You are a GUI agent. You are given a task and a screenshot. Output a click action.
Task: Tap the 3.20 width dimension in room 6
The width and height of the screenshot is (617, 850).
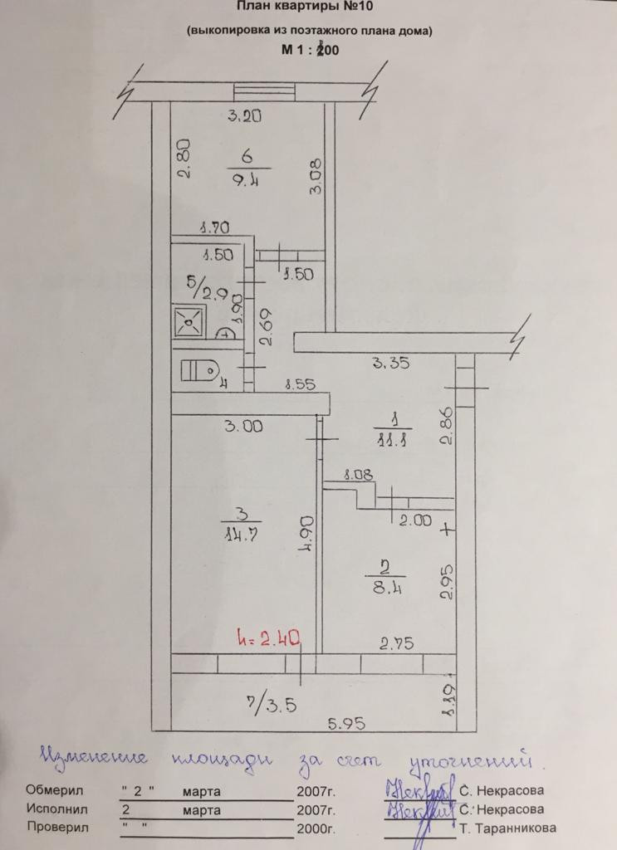coord(245,116)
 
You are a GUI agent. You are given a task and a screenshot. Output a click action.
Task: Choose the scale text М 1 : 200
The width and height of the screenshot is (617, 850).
coord(310,50)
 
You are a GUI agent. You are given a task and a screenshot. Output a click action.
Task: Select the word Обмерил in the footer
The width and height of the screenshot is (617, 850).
coord(56,789)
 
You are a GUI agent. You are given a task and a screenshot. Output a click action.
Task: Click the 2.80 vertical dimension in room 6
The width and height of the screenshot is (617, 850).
coord(184,159)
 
